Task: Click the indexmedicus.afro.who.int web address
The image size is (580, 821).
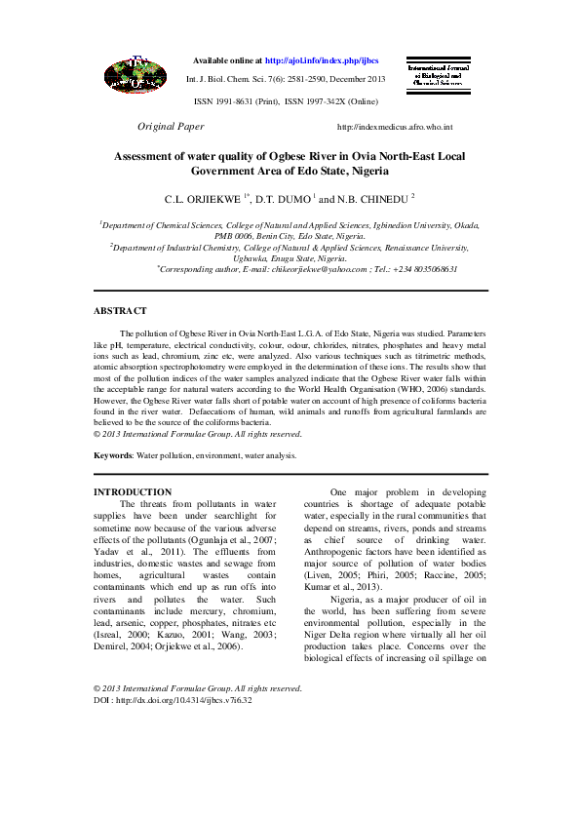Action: click(394, 128)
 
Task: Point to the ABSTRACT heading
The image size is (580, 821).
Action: click(120, 311)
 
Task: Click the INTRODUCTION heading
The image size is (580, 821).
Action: click(133, 492)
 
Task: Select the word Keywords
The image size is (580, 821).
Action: click(112, 455)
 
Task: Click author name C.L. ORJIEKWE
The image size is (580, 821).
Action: click(205, 198)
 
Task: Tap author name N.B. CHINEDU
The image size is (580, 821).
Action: click(374, 198)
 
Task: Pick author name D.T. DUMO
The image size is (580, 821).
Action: click(282, 198)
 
